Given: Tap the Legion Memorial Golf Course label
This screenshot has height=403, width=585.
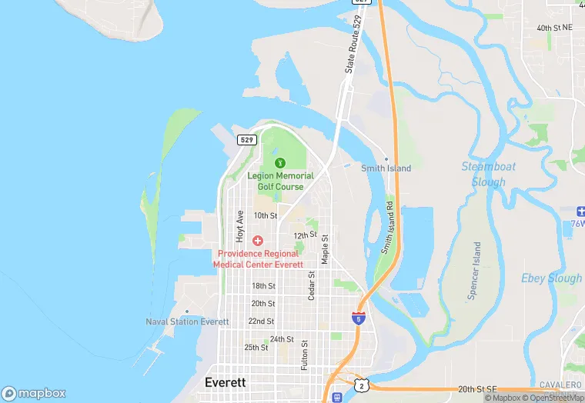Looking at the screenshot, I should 280,181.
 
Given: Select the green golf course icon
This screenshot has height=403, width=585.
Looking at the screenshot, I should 280,162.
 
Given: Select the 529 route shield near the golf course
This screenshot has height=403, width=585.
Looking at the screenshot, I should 246,140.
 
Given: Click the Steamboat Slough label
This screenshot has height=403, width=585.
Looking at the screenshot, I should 489,174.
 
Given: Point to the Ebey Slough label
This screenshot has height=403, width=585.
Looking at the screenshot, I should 551,278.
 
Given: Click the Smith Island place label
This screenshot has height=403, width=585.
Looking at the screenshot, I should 386,168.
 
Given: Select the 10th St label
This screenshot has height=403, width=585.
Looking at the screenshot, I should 265,216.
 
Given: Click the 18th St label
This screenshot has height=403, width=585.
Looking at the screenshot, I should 263,286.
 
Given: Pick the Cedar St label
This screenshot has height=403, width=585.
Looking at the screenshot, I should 312,285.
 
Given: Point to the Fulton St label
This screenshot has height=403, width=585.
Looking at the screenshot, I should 305,355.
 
